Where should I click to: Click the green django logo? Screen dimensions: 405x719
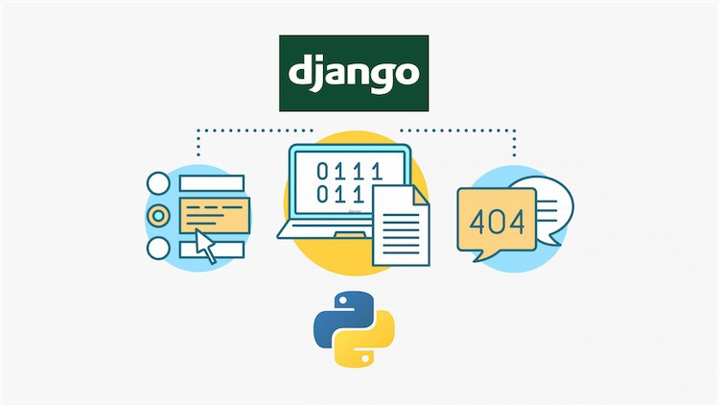(354, 74)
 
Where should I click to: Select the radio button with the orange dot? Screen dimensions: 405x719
(158, 213)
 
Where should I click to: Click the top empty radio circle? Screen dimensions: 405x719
(158, 180)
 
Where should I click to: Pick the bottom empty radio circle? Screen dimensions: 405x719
(158, 247)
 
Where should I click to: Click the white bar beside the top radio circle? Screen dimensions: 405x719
(212, 180)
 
